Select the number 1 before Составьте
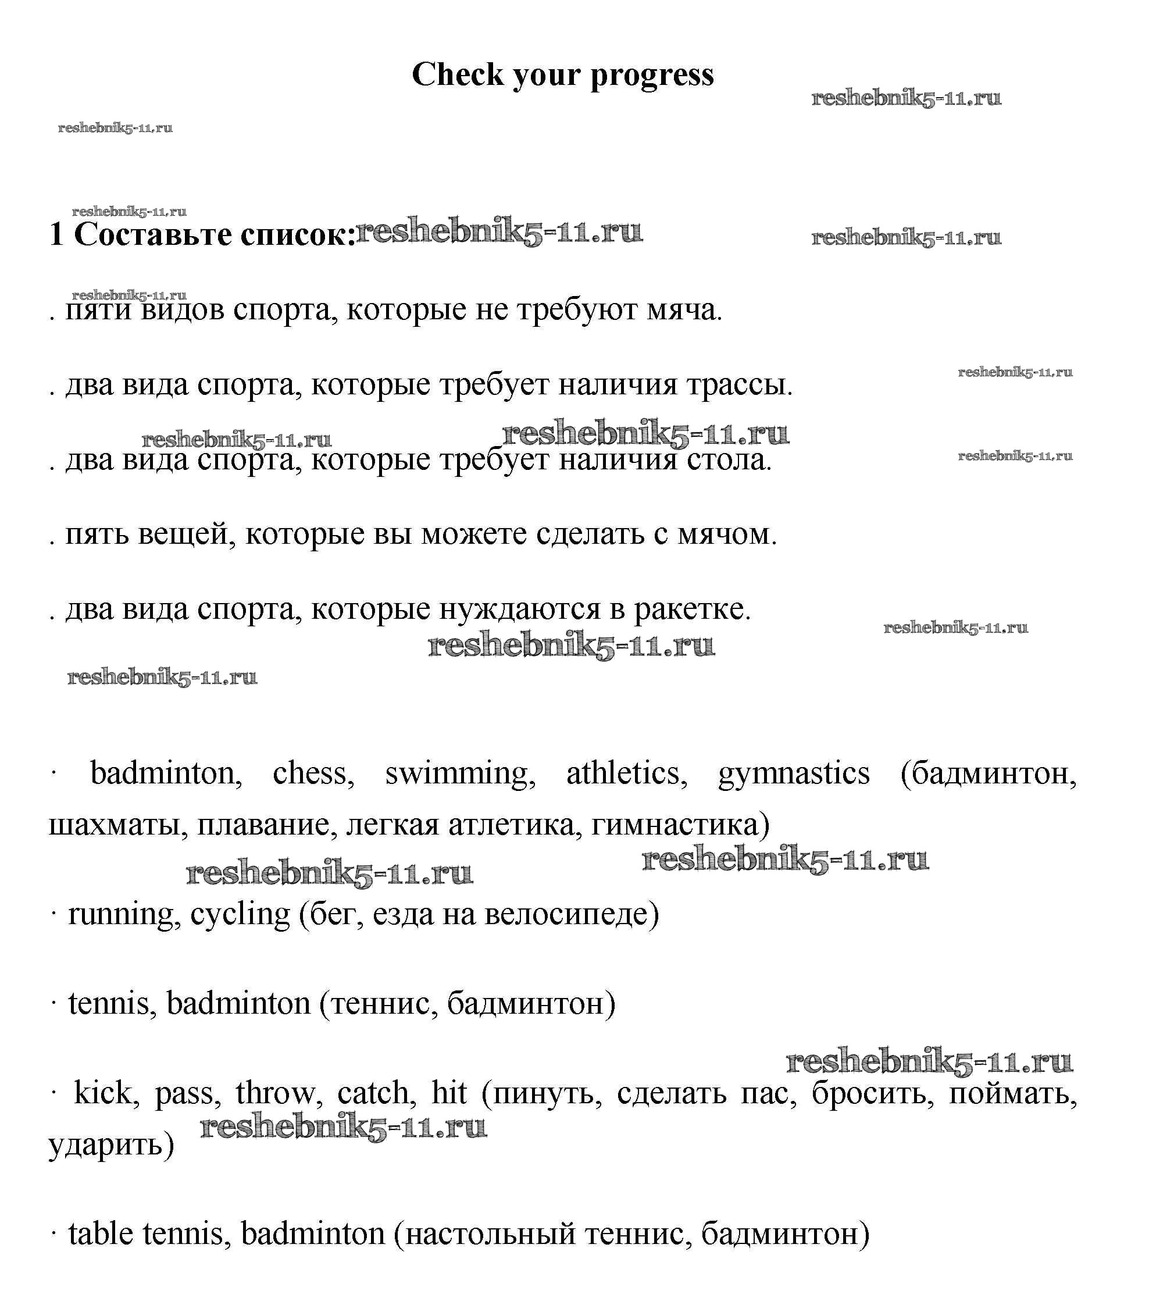coord(56,234)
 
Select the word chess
coord(313,773)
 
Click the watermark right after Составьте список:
coord(499,233)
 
